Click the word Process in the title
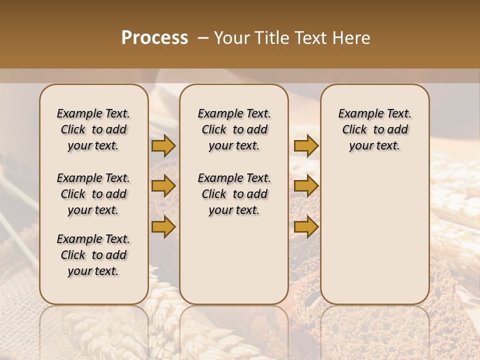coord(154,37)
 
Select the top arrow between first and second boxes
coord(163,146)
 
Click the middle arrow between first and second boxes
coord(163,186)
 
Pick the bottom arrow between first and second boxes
coord(163,227)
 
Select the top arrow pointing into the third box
coord(306,146)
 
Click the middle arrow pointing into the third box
coord(306,186)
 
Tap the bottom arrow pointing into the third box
coord(306,227)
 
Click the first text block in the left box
coord(93,129)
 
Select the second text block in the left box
coord(93,194)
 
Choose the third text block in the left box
coord(93,255)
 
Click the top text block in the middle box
coord(234,129)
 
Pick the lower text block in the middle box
coord(234,194)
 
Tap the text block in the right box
coord(374,129)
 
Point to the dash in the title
coord(202,38)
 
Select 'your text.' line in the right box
coord(374,146)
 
